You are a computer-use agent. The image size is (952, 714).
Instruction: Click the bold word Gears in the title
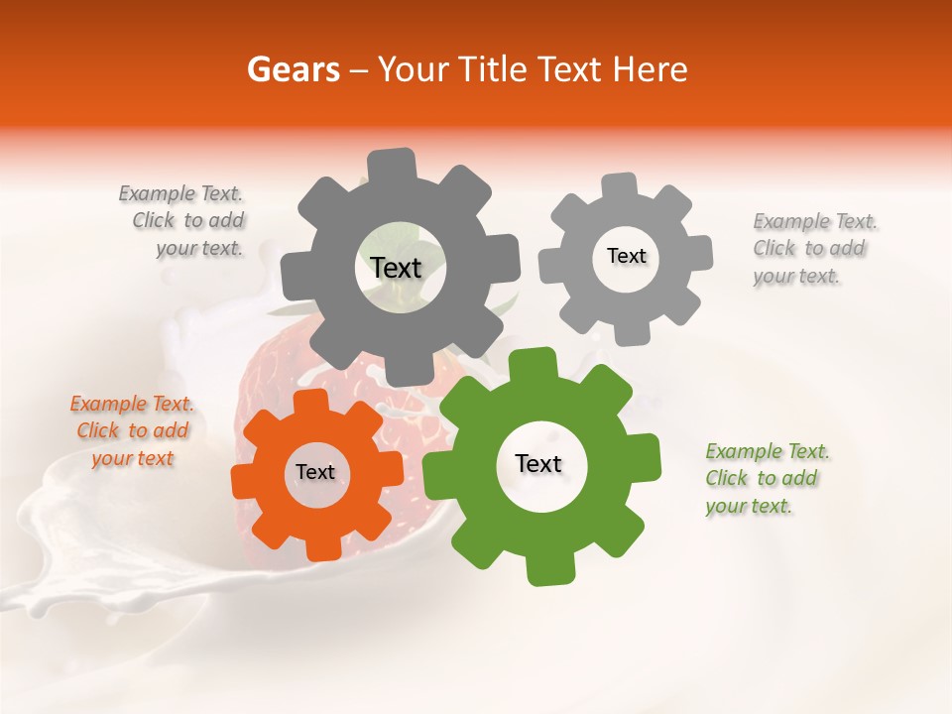pos(293,69)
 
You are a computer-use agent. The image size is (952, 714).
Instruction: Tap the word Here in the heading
pos(652,69)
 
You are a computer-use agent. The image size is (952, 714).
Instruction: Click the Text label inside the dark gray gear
pos(396,268)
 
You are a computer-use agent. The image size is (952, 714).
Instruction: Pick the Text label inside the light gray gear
pos(626,256)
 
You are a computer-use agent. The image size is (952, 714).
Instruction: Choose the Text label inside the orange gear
pos(314,472)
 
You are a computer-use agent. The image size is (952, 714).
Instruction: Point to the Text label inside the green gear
pos(537,463)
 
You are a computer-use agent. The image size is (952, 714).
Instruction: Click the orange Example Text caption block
pos(132,430)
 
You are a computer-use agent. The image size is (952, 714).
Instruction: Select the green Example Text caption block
pos(767,478)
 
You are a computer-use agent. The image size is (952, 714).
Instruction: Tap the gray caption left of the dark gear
pos(184,221)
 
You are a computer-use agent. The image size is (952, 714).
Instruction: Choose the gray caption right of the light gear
pos(813,248)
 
